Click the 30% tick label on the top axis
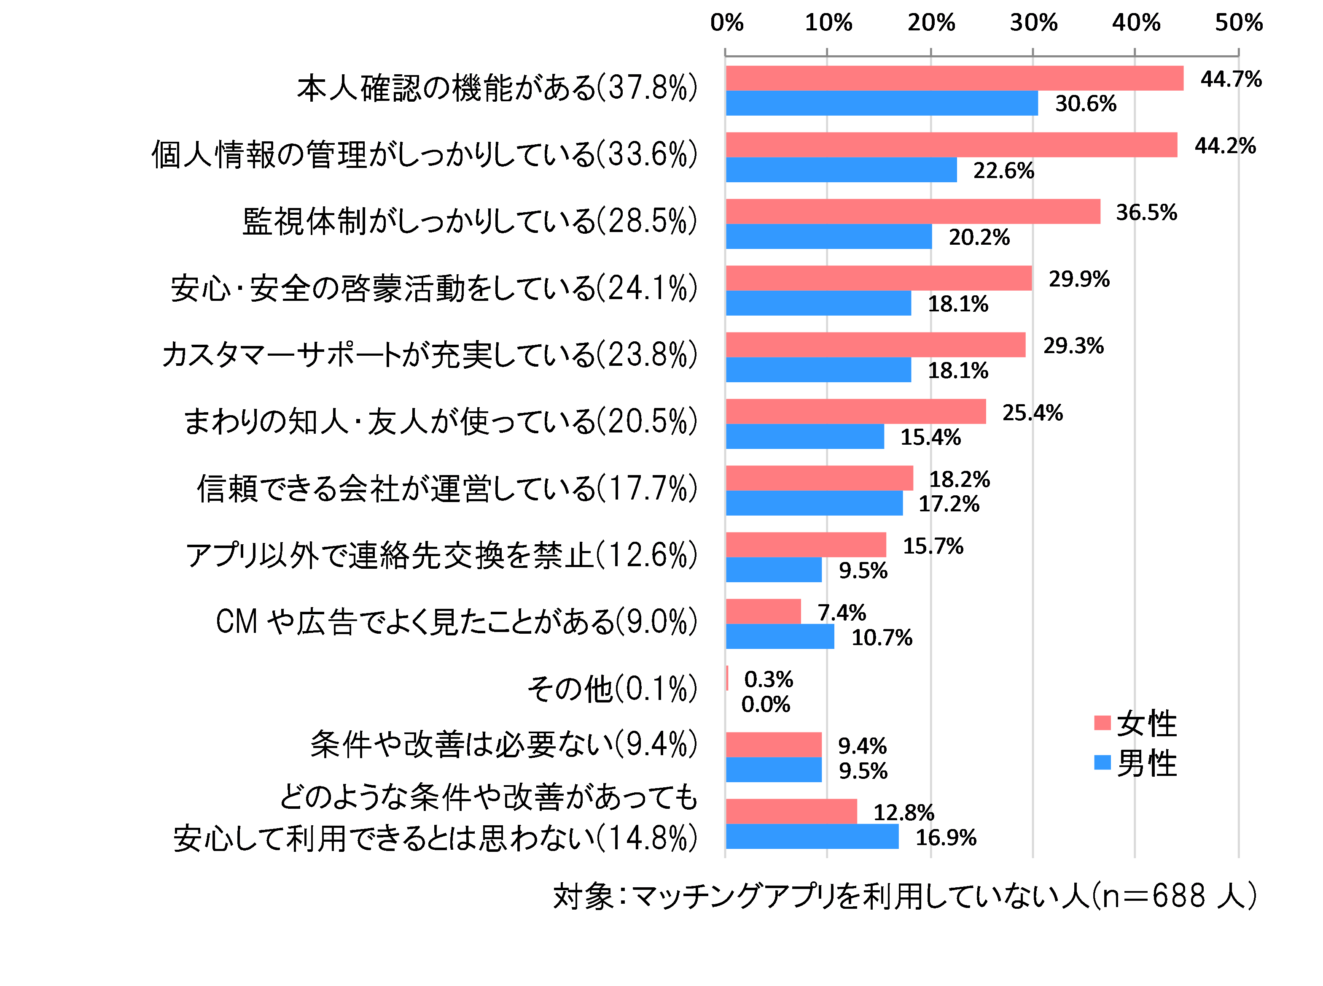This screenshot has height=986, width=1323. [x=1033, y=23]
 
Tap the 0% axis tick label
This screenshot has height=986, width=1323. [x=726, y=23]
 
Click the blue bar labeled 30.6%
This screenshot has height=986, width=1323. [x=881, y=103]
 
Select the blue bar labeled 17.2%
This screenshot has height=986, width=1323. [x=814, y=503]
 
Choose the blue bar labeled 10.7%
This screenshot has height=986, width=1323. [x=780, y=637]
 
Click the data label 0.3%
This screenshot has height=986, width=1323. [x=768, y=679]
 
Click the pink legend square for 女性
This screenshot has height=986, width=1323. [x=1102, y=723]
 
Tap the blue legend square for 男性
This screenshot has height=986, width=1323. [x=1102, y=763]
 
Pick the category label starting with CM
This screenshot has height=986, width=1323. [x=456, y=622]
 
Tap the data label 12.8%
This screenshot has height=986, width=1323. [x=903, y=812]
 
